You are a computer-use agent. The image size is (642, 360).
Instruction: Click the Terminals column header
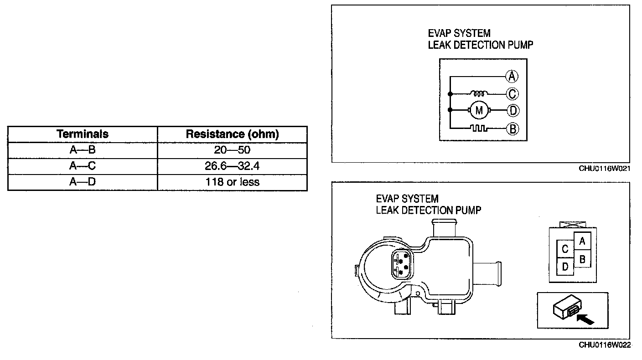coord(83,134)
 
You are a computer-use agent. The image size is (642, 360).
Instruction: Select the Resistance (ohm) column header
coord(232,134)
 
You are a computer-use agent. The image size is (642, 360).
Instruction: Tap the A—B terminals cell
coord(83,150)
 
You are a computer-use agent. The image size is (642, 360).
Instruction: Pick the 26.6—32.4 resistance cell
coord(232,166)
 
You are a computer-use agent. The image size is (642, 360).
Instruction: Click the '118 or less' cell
coord(232,182)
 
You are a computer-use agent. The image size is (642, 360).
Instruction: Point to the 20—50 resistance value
coord(232,150)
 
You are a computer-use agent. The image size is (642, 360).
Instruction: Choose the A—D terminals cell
coord(83,182)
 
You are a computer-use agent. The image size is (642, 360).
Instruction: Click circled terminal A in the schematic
coord(513,76)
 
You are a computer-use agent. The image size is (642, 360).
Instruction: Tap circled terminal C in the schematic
coord(513,94)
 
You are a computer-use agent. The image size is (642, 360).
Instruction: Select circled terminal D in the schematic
coord(513,110)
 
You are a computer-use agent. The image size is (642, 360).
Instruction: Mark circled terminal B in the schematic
coord(513,129)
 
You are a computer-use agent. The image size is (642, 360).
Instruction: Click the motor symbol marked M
coord(479,110)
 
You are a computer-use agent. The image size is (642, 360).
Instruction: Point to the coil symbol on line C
coord(479,93)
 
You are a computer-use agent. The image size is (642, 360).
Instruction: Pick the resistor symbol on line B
coord(479,129)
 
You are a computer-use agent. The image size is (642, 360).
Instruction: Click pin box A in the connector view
coord(582,242)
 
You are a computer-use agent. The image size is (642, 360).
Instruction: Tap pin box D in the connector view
coord(565,267)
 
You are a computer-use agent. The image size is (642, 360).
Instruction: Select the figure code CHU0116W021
coord(605,169)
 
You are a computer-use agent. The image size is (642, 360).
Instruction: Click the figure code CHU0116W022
coord(605,345)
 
